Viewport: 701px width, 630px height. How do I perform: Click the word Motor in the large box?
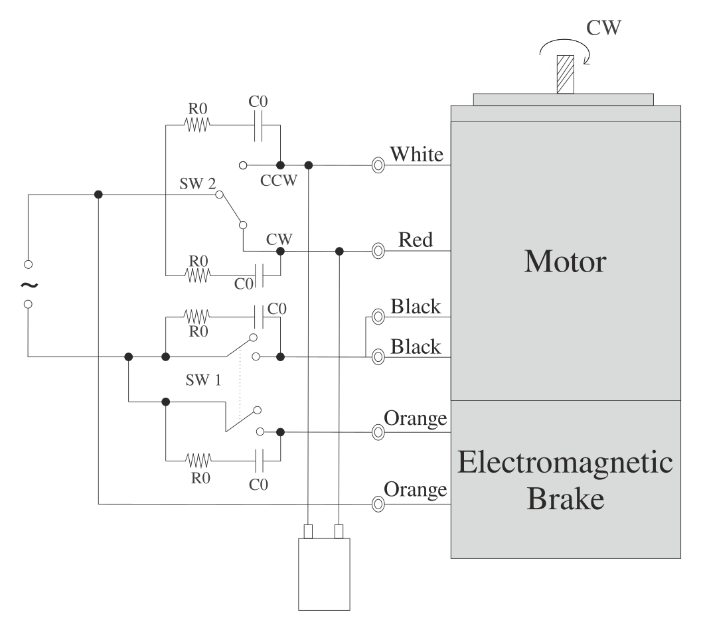[x=565, y=262]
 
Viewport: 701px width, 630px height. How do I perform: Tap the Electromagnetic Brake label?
[x=565, y=480]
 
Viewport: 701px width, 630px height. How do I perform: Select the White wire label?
[x=416, y=155]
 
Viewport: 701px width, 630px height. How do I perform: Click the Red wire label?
[x=416, y=240]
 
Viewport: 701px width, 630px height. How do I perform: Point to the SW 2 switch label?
[x=197, y=184]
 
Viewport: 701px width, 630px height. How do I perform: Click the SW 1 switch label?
[x=204, y=380]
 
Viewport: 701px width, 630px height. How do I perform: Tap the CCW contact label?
[x=279, y=181]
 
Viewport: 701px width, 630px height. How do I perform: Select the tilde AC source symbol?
[x=29, y=285]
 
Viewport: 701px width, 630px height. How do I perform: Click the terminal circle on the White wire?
[x=378, y=165]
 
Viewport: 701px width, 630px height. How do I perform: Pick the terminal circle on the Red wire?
[x=378, y=251]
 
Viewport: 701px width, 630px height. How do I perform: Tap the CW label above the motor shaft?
[x=603, y=28]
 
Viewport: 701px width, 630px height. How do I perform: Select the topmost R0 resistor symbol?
[x=197, y=124]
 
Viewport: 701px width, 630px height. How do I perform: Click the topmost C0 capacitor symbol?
[x=259, y=124]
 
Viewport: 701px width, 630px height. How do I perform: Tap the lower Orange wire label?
[x=416, y=490]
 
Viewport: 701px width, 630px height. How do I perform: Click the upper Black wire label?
[x=416, y=307]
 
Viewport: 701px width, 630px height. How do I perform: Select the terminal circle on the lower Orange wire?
[x=378, y=505]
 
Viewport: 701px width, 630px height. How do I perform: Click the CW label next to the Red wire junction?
[x=279, y=238]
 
